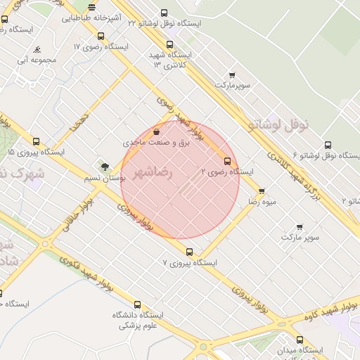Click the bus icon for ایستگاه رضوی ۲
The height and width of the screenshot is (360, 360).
226,160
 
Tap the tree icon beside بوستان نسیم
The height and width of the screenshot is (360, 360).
105,167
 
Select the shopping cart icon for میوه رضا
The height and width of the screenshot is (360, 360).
262,191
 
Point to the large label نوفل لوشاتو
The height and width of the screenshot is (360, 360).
279,124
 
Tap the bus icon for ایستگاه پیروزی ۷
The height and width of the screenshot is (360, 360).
188,252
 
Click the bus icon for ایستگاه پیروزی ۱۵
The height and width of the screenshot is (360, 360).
36,141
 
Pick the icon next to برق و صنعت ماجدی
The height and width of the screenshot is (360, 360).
156,131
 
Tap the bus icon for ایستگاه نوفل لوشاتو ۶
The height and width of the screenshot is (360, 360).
328,145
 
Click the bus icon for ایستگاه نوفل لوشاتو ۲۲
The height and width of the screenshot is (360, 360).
164,13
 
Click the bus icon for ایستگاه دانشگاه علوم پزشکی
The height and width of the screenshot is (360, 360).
137,305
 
